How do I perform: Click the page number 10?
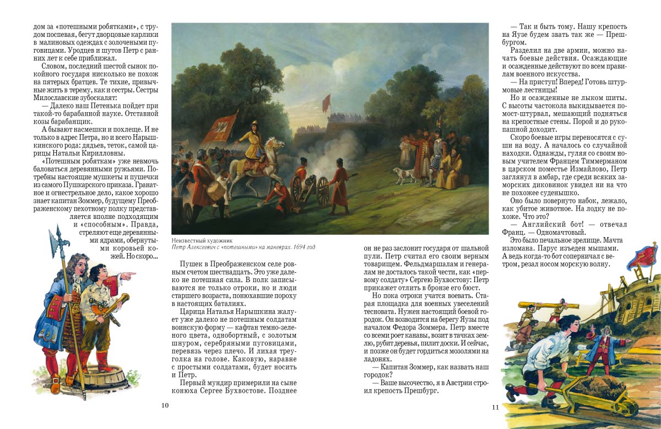164,405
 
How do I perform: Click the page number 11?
495,407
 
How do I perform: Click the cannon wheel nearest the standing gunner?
322,193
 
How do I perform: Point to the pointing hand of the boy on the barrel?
130,274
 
